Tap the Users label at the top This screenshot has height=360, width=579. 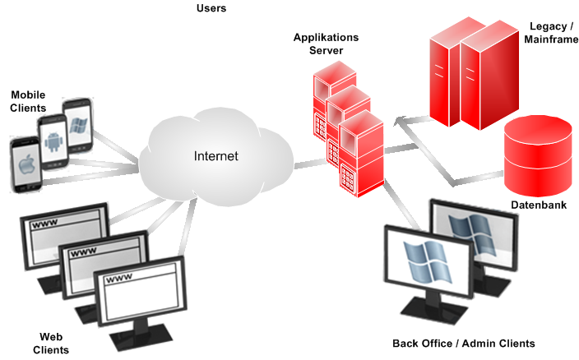coord(211,8)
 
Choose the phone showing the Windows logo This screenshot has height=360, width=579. coord(78,126)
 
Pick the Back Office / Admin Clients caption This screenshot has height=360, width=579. coord(464,343)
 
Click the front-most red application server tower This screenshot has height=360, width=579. coord(361,156)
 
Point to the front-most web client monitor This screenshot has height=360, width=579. coord(137,291)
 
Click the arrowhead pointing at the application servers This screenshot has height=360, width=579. coord(398,122)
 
